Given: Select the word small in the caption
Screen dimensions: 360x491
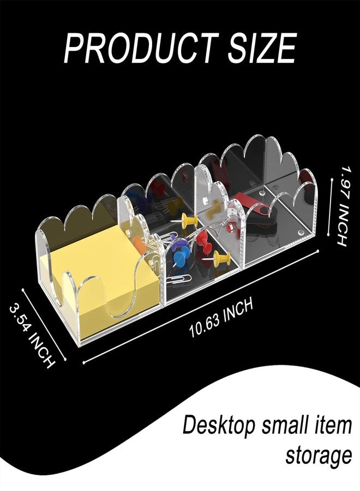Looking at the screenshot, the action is click(287, 424).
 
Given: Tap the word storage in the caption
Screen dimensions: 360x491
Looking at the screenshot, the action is click(319, 456).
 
